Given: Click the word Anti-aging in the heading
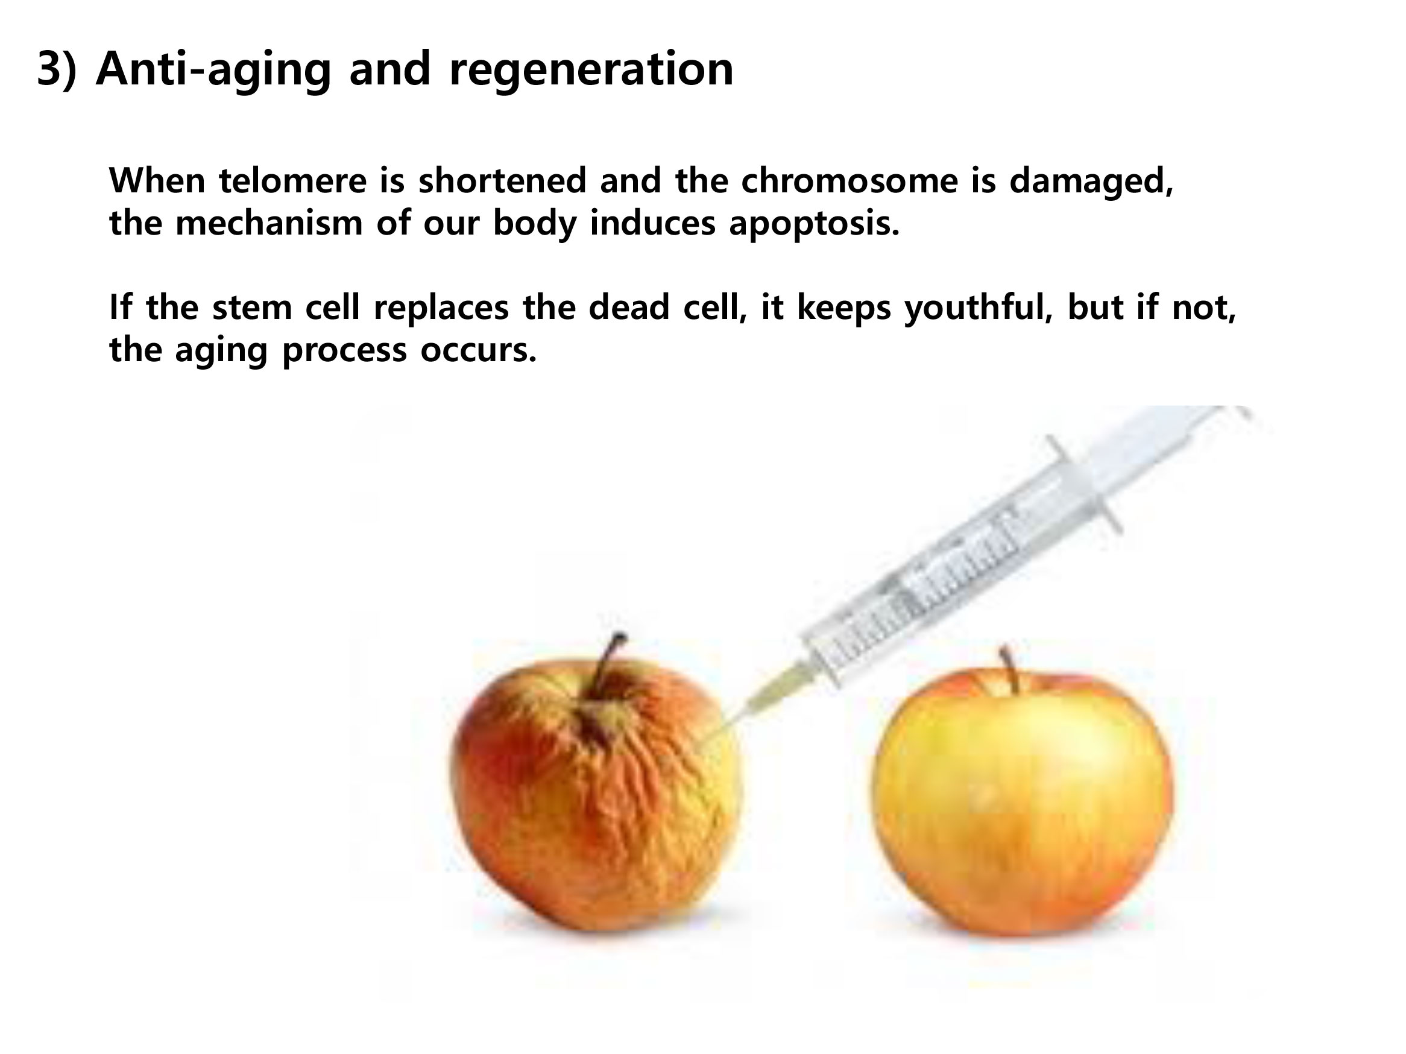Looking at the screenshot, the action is coord(213,69).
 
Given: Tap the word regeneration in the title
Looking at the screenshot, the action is coord(591,71).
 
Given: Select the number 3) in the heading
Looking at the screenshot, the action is coord(57,69).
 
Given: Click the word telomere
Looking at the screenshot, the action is coord(293,180).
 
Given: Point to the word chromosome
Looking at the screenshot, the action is coord(849,180).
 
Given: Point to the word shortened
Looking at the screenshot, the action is coord(502,180).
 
